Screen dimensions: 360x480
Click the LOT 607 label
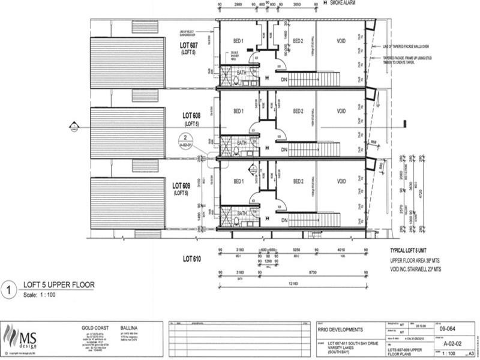pyautogui.click(x=193, y=46)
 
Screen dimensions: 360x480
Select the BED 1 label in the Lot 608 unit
pyautogui.click(x=238, y=111)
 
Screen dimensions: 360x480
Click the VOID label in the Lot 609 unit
pyautogui.click(x=341, y=181)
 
